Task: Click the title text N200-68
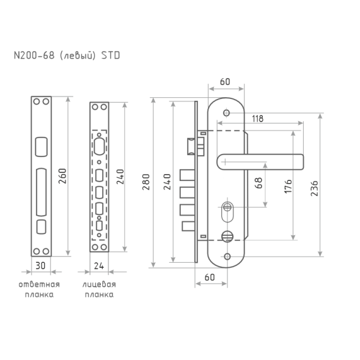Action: point(34,56)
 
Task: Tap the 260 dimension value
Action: point(62,176)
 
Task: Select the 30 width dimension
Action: point(40,266)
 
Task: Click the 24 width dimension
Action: point(99,266)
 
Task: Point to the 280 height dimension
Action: point(146,182)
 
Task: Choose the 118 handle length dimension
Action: point(257,119)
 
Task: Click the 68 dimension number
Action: point(259,183)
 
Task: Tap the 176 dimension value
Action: point(288,186)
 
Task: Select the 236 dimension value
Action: point(315,188)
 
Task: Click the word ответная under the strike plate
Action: point(39,284)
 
